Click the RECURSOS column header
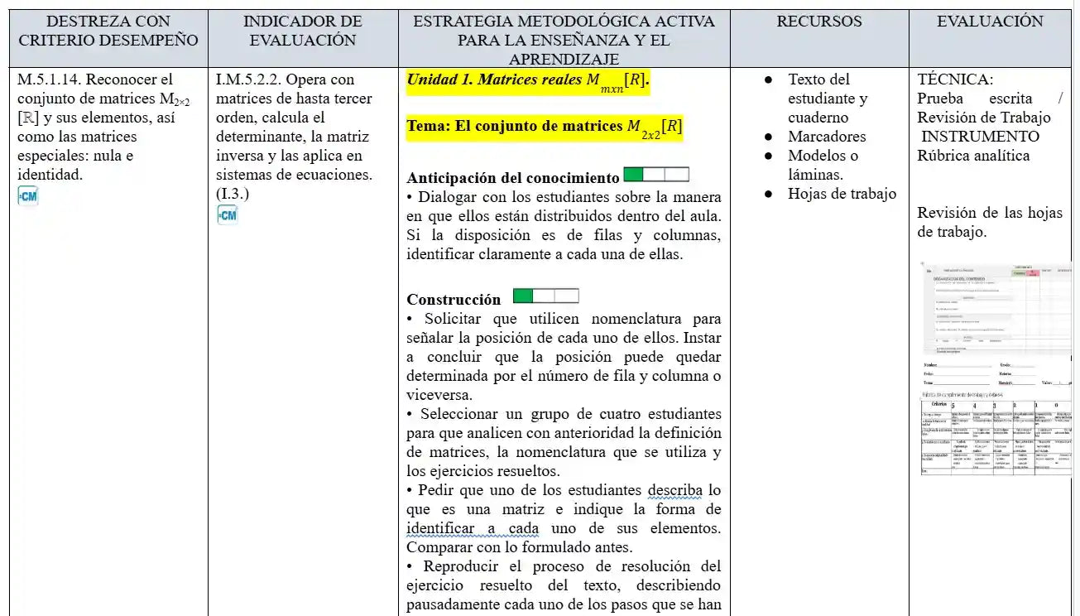pos(818,22)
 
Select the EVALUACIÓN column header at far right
pos(990,22)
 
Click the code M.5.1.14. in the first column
pos(48,79)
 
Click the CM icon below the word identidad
pos(27,195)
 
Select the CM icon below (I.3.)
pos(227,215)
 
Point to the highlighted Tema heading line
pos(544,128)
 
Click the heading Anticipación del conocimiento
pos(512,178)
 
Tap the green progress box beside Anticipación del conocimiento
pos(633,175)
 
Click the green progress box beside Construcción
pos(523,296)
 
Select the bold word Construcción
pos(454,300)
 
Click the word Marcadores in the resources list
pos(826,137)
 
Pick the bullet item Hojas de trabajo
pos(842,194)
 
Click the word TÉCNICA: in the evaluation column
pos(955,79)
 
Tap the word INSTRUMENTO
pos(980,137)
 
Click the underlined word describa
pos(675,490)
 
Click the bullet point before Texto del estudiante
pos(768,79)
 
